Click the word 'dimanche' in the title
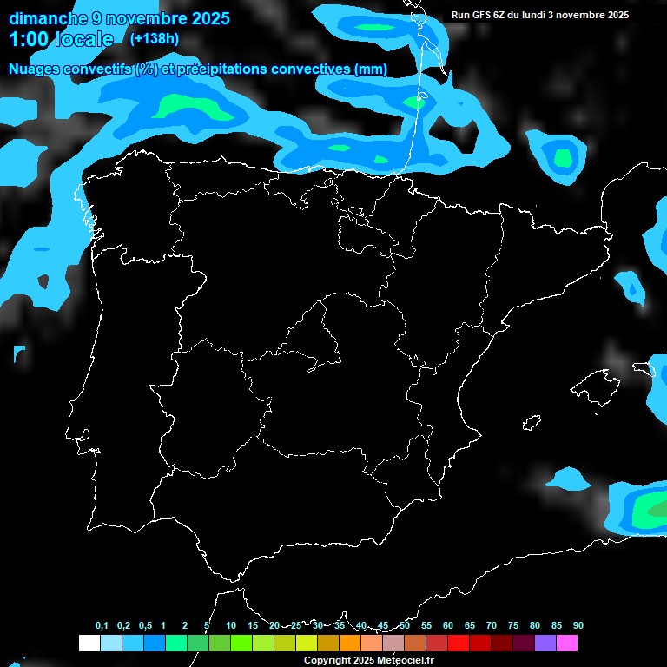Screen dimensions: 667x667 pos(48,17)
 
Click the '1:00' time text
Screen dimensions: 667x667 pos(30,39)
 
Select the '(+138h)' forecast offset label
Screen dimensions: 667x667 pos(154,38)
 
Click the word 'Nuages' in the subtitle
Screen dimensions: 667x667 pos(36,69)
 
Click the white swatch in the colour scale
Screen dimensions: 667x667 pos(89,643)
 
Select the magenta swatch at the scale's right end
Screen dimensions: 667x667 pos(566,643)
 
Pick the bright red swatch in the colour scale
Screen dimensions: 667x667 pos(458,643)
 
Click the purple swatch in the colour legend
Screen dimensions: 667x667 pos(545,643)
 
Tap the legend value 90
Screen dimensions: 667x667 pos(578,625)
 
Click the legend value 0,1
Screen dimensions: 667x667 pos(102,625)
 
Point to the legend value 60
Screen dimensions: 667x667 pos(447,625)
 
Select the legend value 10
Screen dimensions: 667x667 pos(230,625)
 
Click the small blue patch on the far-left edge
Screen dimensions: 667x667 pos(19,353)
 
